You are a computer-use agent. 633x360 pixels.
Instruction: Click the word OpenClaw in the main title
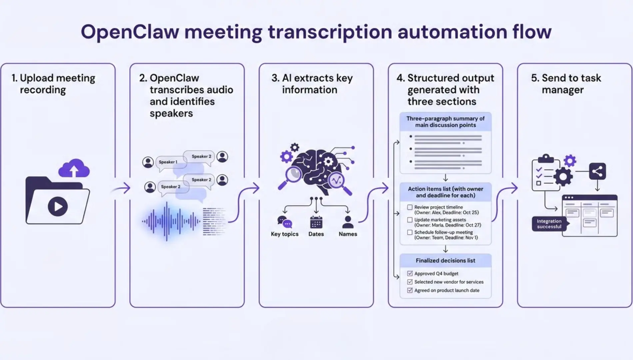coord(130,32)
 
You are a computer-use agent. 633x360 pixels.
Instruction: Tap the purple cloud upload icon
coord(74,169)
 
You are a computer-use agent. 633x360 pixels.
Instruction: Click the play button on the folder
coord(58,206)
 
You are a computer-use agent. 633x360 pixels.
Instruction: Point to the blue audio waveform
coord(168,221)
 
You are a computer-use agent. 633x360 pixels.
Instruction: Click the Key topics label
coord(285,234)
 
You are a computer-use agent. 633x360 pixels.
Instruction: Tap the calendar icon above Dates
coord(316,222)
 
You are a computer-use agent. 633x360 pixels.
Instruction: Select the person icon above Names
coord(347,222)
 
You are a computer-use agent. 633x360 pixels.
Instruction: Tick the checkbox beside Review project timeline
coord(410,207)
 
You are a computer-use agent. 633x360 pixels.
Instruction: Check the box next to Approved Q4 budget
coord(410,273)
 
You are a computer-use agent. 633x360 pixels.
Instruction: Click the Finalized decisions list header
coord(445,260)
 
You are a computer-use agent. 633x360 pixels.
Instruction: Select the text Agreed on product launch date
coord(446,290)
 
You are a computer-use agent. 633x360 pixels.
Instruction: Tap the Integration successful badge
coord(549,224)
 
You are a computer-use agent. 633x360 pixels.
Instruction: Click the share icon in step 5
coord(597,172)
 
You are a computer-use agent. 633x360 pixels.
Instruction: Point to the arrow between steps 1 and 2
coord(122,188)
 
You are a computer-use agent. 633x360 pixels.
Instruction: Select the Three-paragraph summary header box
coord(445,122)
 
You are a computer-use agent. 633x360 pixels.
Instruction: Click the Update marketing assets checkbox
coord(410,220)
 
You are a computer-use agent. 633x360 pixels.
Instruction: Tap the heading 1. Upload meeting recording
coord(53,84)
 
